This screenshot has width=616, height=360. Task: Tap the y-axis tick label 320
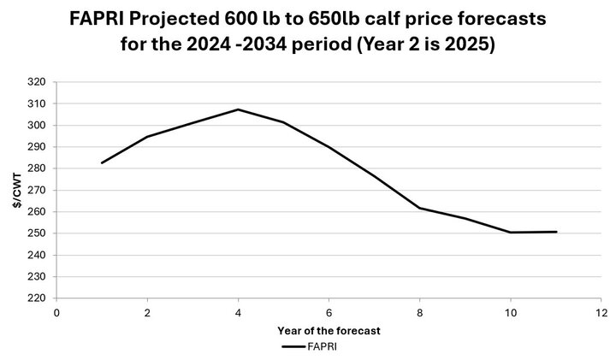pos(36,82)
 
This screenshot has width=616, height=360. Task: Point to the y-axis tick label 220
pos(36,298)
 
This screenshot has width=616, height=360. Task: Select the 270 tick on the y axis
pos(36,190)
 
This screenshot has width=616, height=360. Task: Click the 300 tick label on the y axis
pos(36,125)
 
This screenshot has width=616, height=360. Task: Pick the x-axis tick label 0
pos(56,314)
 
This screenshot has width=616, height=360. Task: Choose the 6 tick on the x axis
pos(329,314)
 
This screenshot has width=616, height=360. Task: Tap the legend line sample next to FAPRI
pos(300,347)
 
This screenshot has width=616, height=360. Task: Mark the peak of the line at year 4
pos(238,109)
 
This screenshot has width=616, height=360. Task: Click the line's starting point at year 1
pos(102,162)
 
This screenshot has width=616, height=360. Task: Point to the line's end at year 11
pos(556,232)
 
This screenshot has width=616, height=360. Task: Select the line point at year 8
pos(419,208)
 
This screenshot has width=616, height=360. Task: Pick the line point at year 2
pos(147,137)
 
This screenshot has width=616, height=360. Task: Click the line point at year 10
pos(511,233)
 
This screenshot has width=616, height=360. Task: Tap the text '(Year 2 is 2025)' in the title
pos(423,45)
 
